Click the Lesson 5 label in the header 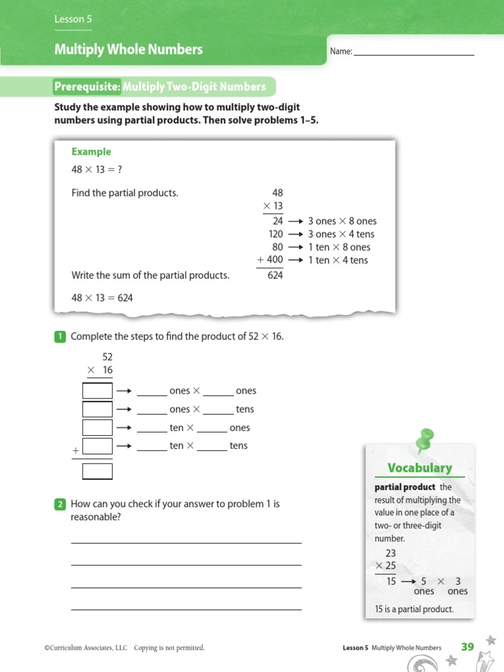(x=69, y=20)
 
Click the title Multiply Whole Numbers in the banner (x=129, y=49)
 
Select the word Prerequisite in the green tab (x=87, y=87)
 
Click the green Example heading (x=91, y=152)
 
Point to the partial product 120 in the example (x=276, y=234)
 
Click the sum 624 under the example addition (x=275, y=276)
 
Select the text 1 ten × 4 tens (x=338, y=261)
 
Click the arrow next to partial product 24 (x=295, y=222)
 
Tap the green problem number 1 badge (x=60, y=337)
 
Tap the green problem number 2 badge (x=60, y=505)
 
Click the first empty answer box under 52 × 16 (x=97, y=391)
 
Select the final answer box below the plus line (x=97, y=471)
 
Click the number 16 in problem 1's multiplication (x=108, y=370)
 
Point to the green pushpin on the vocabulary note (x=425, y=439)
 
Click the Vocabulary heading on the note (x=419, y=468)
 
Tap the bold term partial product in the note (x=405, y=487)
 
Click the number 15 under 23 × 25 (x=390, y=581)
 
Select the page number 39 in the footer (x=467, y=647)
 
